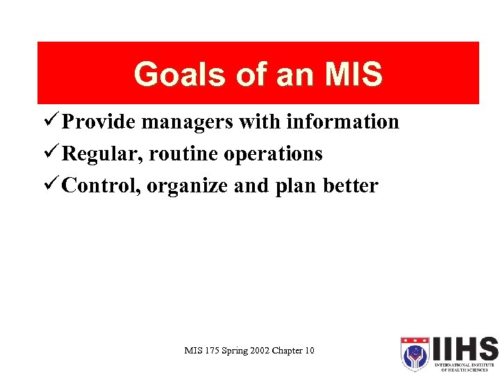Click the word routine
tap(178, 154)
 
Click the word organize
tap(185, 186)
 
